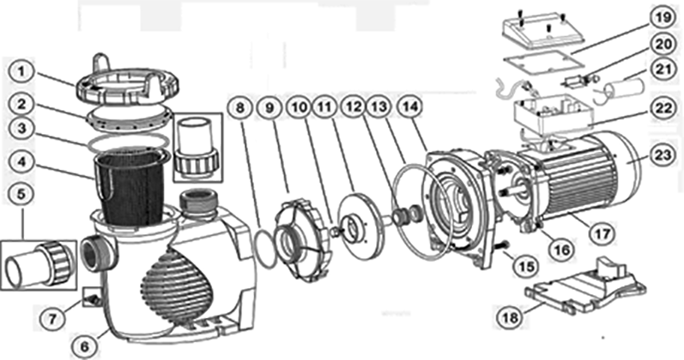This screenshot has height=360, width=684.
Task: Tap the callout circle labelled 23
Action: click(663, 155)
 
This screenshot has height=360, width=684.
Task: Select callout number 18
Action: click(510, 316)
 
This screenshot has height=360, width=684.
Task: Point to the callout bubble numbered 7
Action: click(52, 319)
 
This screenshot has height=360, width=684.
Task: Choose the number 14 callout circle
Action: click(410, 108)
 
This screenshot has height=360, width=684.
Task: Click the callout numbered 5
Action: click(21, 194)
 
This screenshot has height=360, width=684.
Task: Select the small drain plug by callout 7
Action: click(93, 300)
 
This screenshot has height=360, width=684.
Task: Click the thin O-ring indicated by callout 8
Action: click(265, 251)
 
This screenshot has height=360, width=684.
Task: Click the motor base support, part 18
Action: click(586, 286)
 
